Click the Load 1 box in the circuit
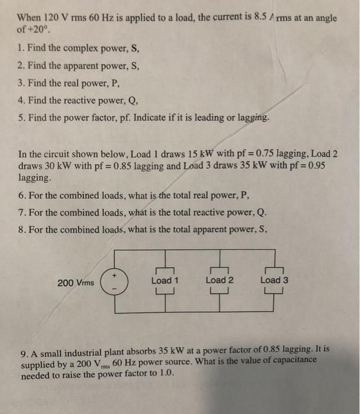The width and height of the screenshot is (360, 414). [x=165, y=280]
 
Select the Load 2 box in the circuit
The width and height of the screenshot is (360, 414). [x=220, y=280]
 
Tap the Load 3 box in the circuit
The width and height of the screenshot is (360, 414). [x=274, y=280]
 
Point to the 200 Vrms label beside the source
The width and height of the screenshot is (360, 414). [x=76, y=283]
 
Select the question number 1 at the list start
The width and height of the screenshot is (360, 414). [x=21, y=46]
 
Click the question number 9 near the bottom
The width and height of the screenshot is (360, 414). [x=24, y=354]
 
